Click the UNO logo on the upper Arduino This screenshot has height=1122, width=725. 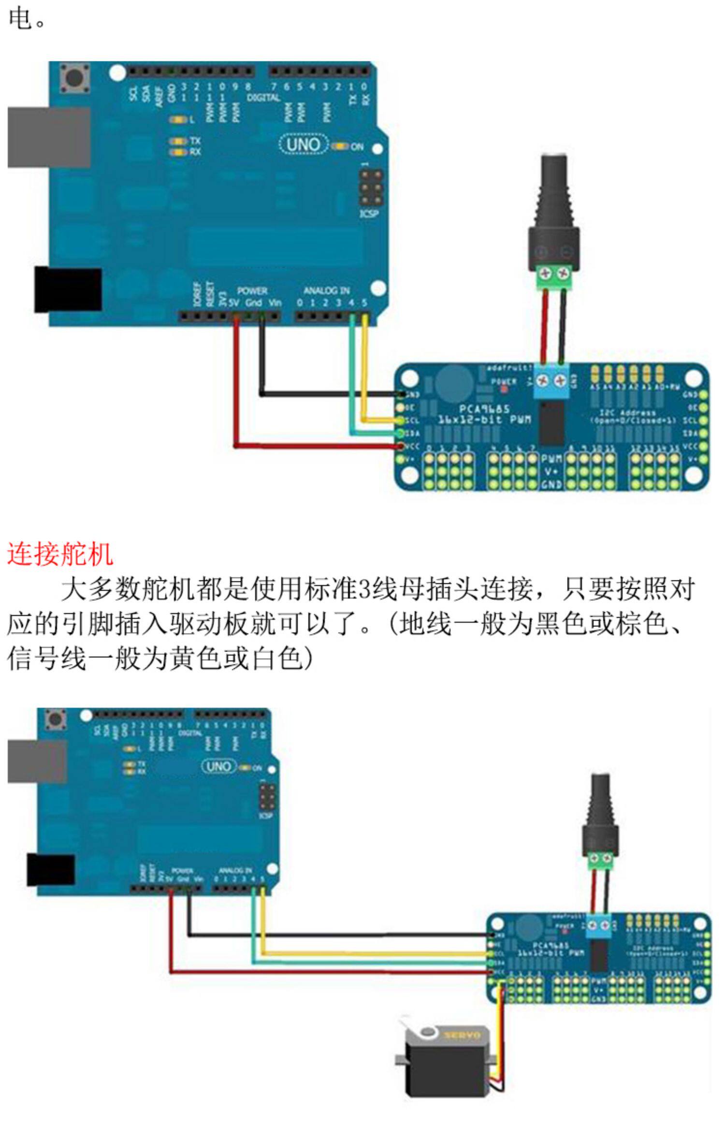click(303, 144)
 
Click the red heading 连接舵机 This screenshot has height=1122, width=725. click(60, 554)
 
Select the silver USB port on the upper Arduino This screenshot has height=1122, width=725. click(48, 137)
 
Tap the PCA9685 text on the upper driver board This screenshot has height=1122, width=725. click(484, 409)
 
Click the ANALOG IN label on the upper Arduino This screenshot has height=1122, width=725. click(326, 290)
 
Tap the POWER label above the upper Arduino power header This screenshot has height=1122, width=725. click(252, 290)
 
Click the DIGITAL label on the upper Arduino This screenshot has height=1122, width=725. click(263, 98)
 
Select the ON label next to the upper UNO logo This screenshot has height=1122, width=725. click(357, 146)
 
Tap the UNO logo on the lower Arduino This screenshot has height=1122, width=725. click(218, 766)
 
